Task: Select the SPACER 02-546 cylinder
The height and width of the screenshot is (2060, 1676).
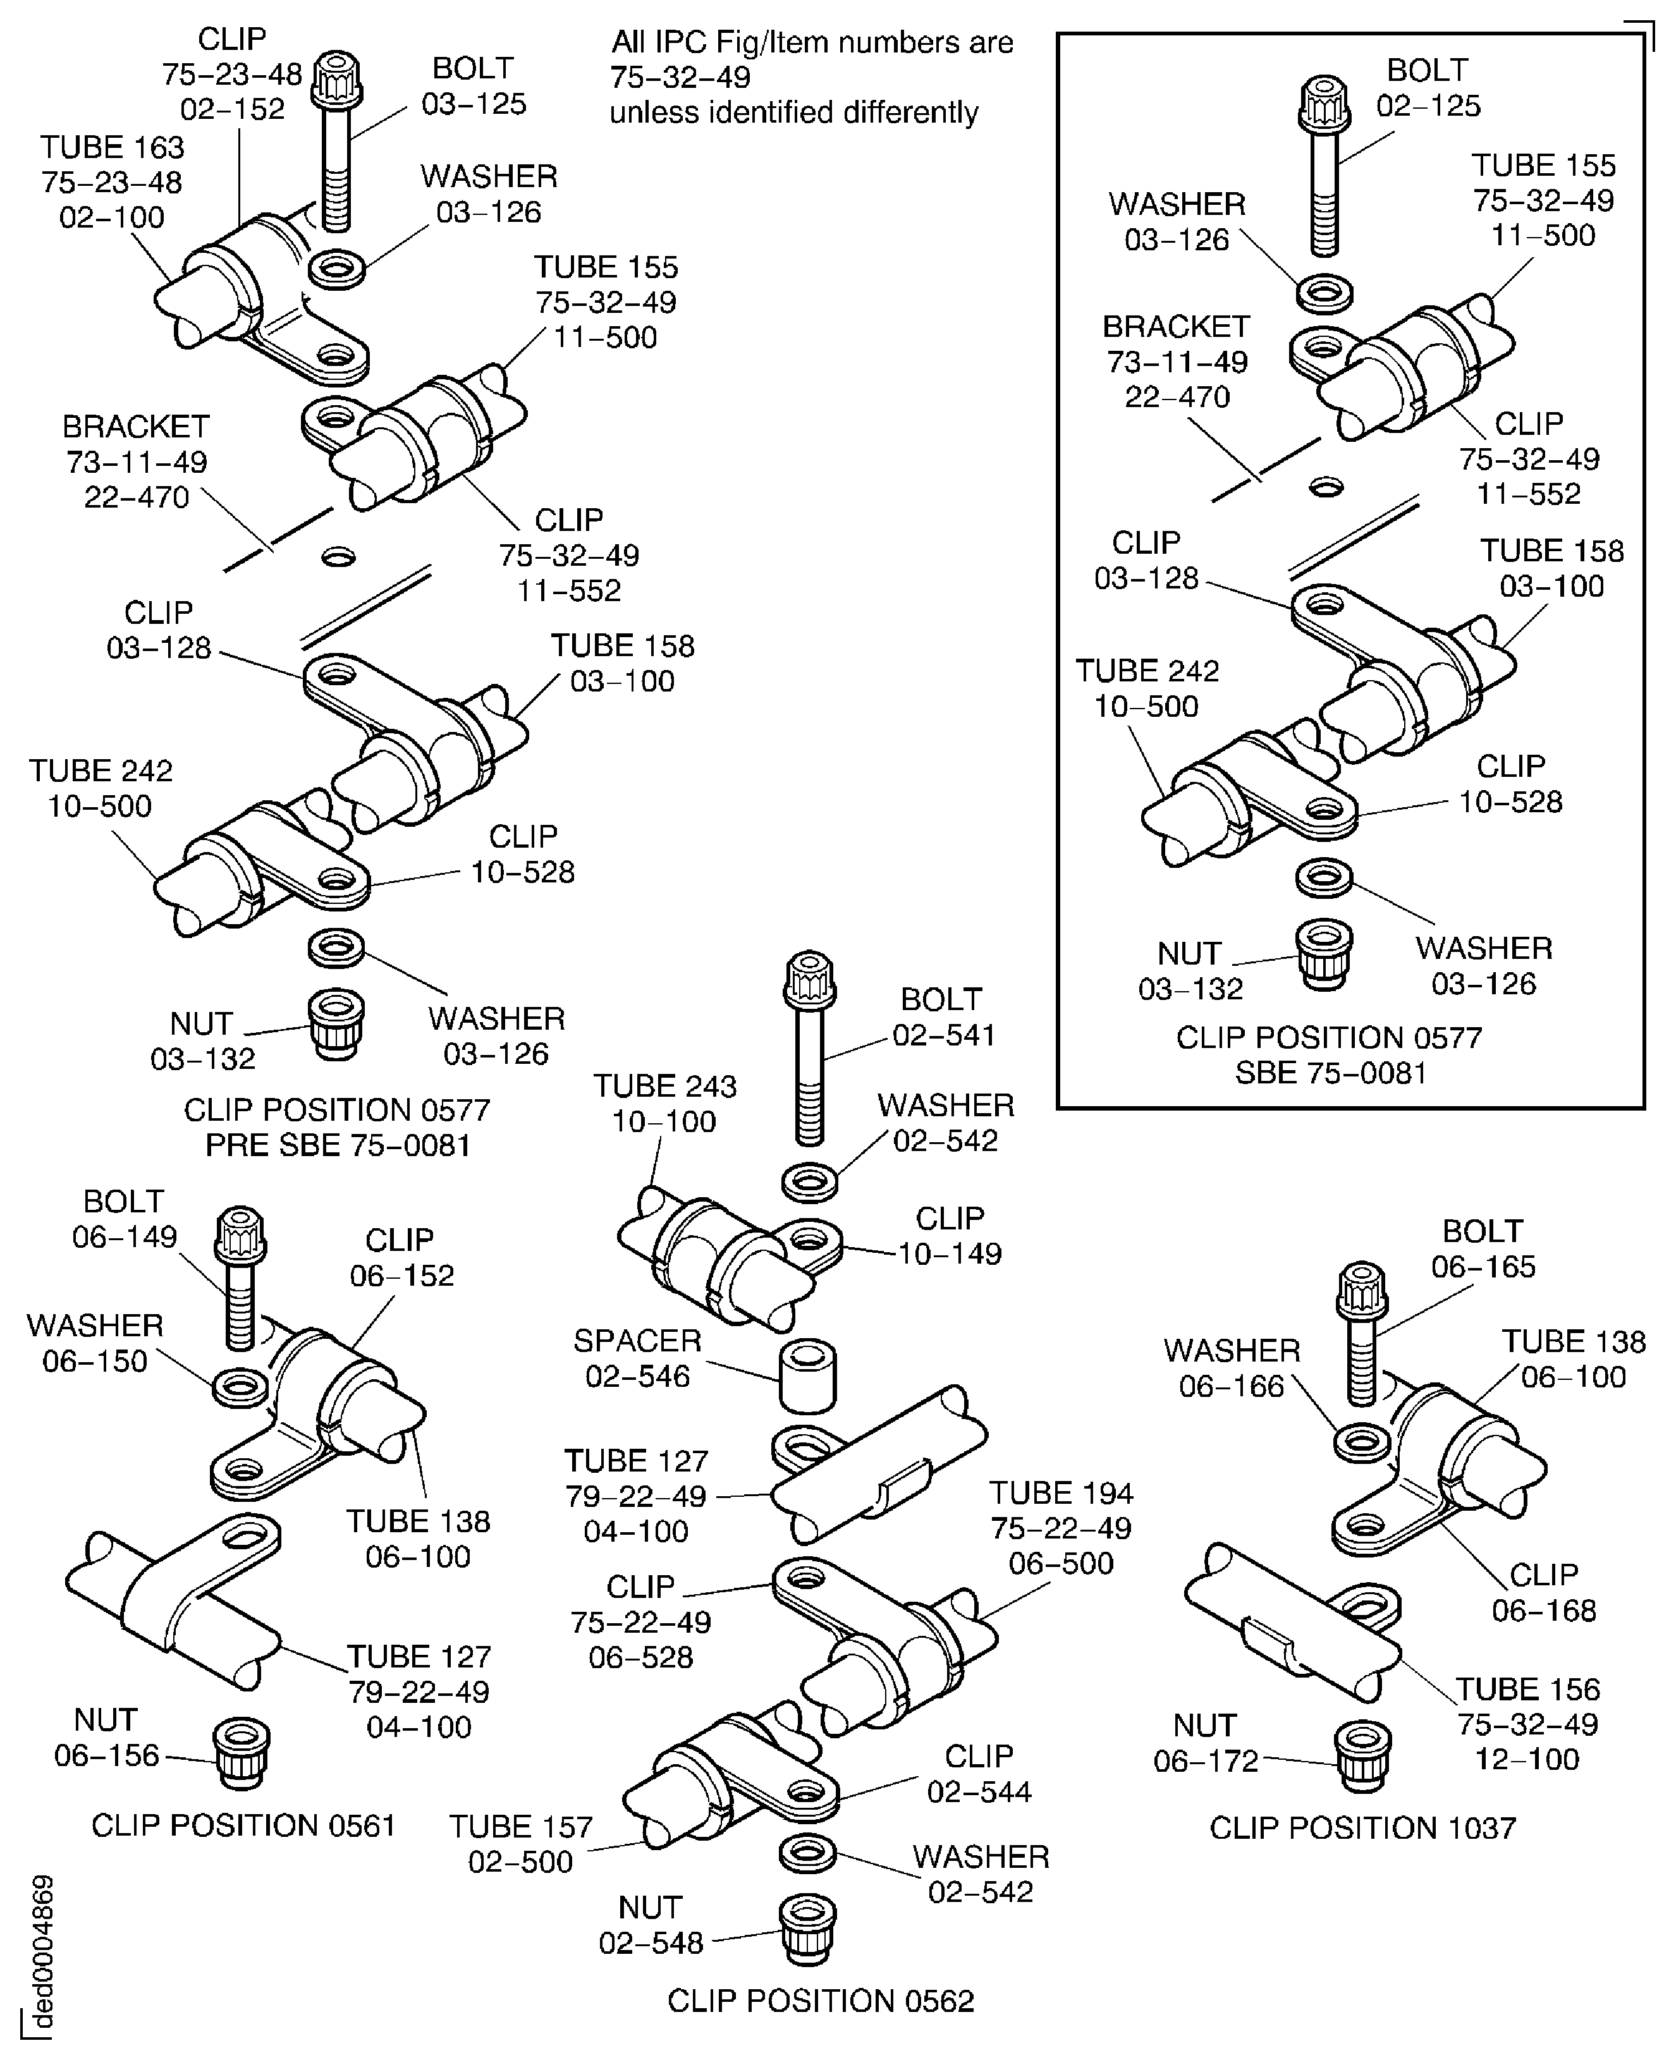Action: (x=807, y=1375)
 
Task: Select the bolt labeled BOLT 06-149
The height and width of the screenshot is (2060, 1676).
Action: (x=240, y=1275)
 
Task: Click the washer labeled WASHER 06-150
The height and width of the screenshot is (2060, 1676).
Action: (x=240, y=1387)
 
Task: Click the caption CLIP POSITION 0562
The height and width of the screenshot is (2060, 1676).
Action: (x=821, y=2001)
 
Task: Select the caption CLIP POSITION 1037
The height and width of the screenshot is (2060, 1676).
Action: (x=1362, y=1827)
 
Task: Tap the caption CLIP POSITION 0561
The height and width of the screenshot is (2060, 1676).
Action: (x=243, y=1825)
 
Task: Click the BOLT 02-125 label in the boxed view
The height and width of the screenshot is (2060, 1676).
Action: (x=1427, y=88)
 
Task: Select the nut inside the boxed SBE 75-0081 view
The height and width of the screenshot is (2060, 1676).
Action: (x=1324, y=954)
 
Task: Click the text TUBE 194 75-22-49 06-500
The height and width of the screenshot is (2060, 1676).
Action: (x=1060, y=1528)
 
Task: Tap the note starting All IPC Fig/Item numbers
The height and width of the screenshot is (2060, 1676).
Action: (x=811, y=77)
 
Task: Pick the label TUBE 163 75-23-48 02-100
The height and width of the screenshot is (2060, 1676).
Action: (x=112, y=181)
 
